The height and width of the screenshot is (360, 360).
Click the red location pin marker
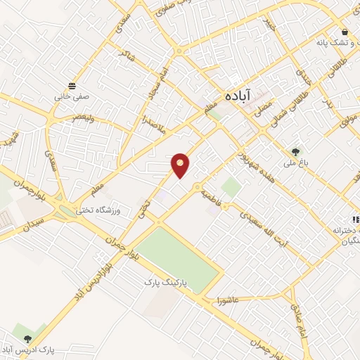click(181, 165)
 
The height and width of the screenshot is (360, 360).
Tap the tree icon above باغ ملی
click(295, 150)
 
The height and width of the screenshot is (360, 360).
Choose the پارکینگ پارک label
click(163, 281)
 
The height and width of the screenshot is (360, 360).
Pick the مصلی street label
click(264, 108)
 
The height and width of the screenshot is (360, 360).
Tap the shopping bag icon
click(345, 32)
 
